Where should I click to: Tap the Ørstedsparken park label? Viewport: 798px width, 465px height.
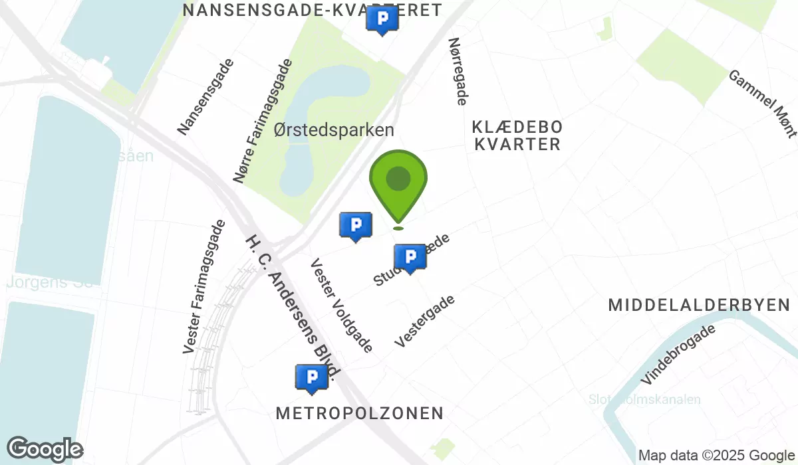(x=334, y=130)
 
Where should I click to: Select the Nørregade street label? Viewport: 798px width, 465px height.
(x=458, y=71)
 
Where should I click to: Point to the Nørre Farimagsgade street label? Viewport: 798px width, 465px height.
(x=263, y=121)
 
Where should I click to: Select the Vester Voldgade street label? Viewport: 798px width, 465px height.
(x=341, y=305)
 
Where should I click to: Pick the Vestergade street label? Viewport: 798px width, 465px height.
(x=425, y=321)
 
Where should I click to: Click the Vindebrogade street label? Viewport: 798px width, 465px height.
(x=679, y=355)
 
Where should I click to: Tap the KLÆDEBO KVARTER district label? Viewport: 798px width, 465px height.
(x=517, y=135)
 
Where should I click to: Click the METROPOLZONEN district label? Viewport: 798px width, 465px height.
(x=360, y=413)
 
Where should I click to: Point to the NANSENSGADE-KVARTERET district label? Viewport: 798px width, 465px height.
(x=313, y=10)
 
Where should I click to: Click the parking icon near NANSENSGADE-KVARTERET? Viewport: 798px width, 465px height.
(x=382, y=21)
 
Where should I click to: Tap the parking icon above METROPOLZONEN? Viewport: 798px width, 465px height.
(x=311, y=377)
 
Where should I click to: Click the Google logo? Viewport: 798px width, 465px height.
(x=45, y=450)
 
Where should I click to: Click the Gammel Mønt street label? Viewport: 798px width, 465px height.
(x=763, y=104)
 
